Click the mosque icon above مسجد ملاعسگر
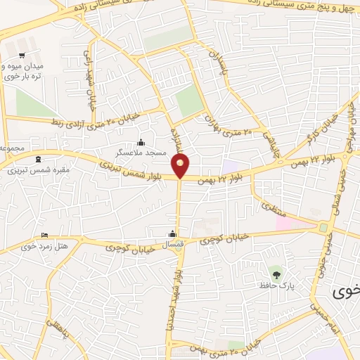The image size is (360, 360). [141, 141]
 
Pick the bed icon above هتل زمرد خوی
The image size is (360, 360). [45, 236]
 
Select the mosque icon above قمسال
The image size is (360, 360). [173, 234]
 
